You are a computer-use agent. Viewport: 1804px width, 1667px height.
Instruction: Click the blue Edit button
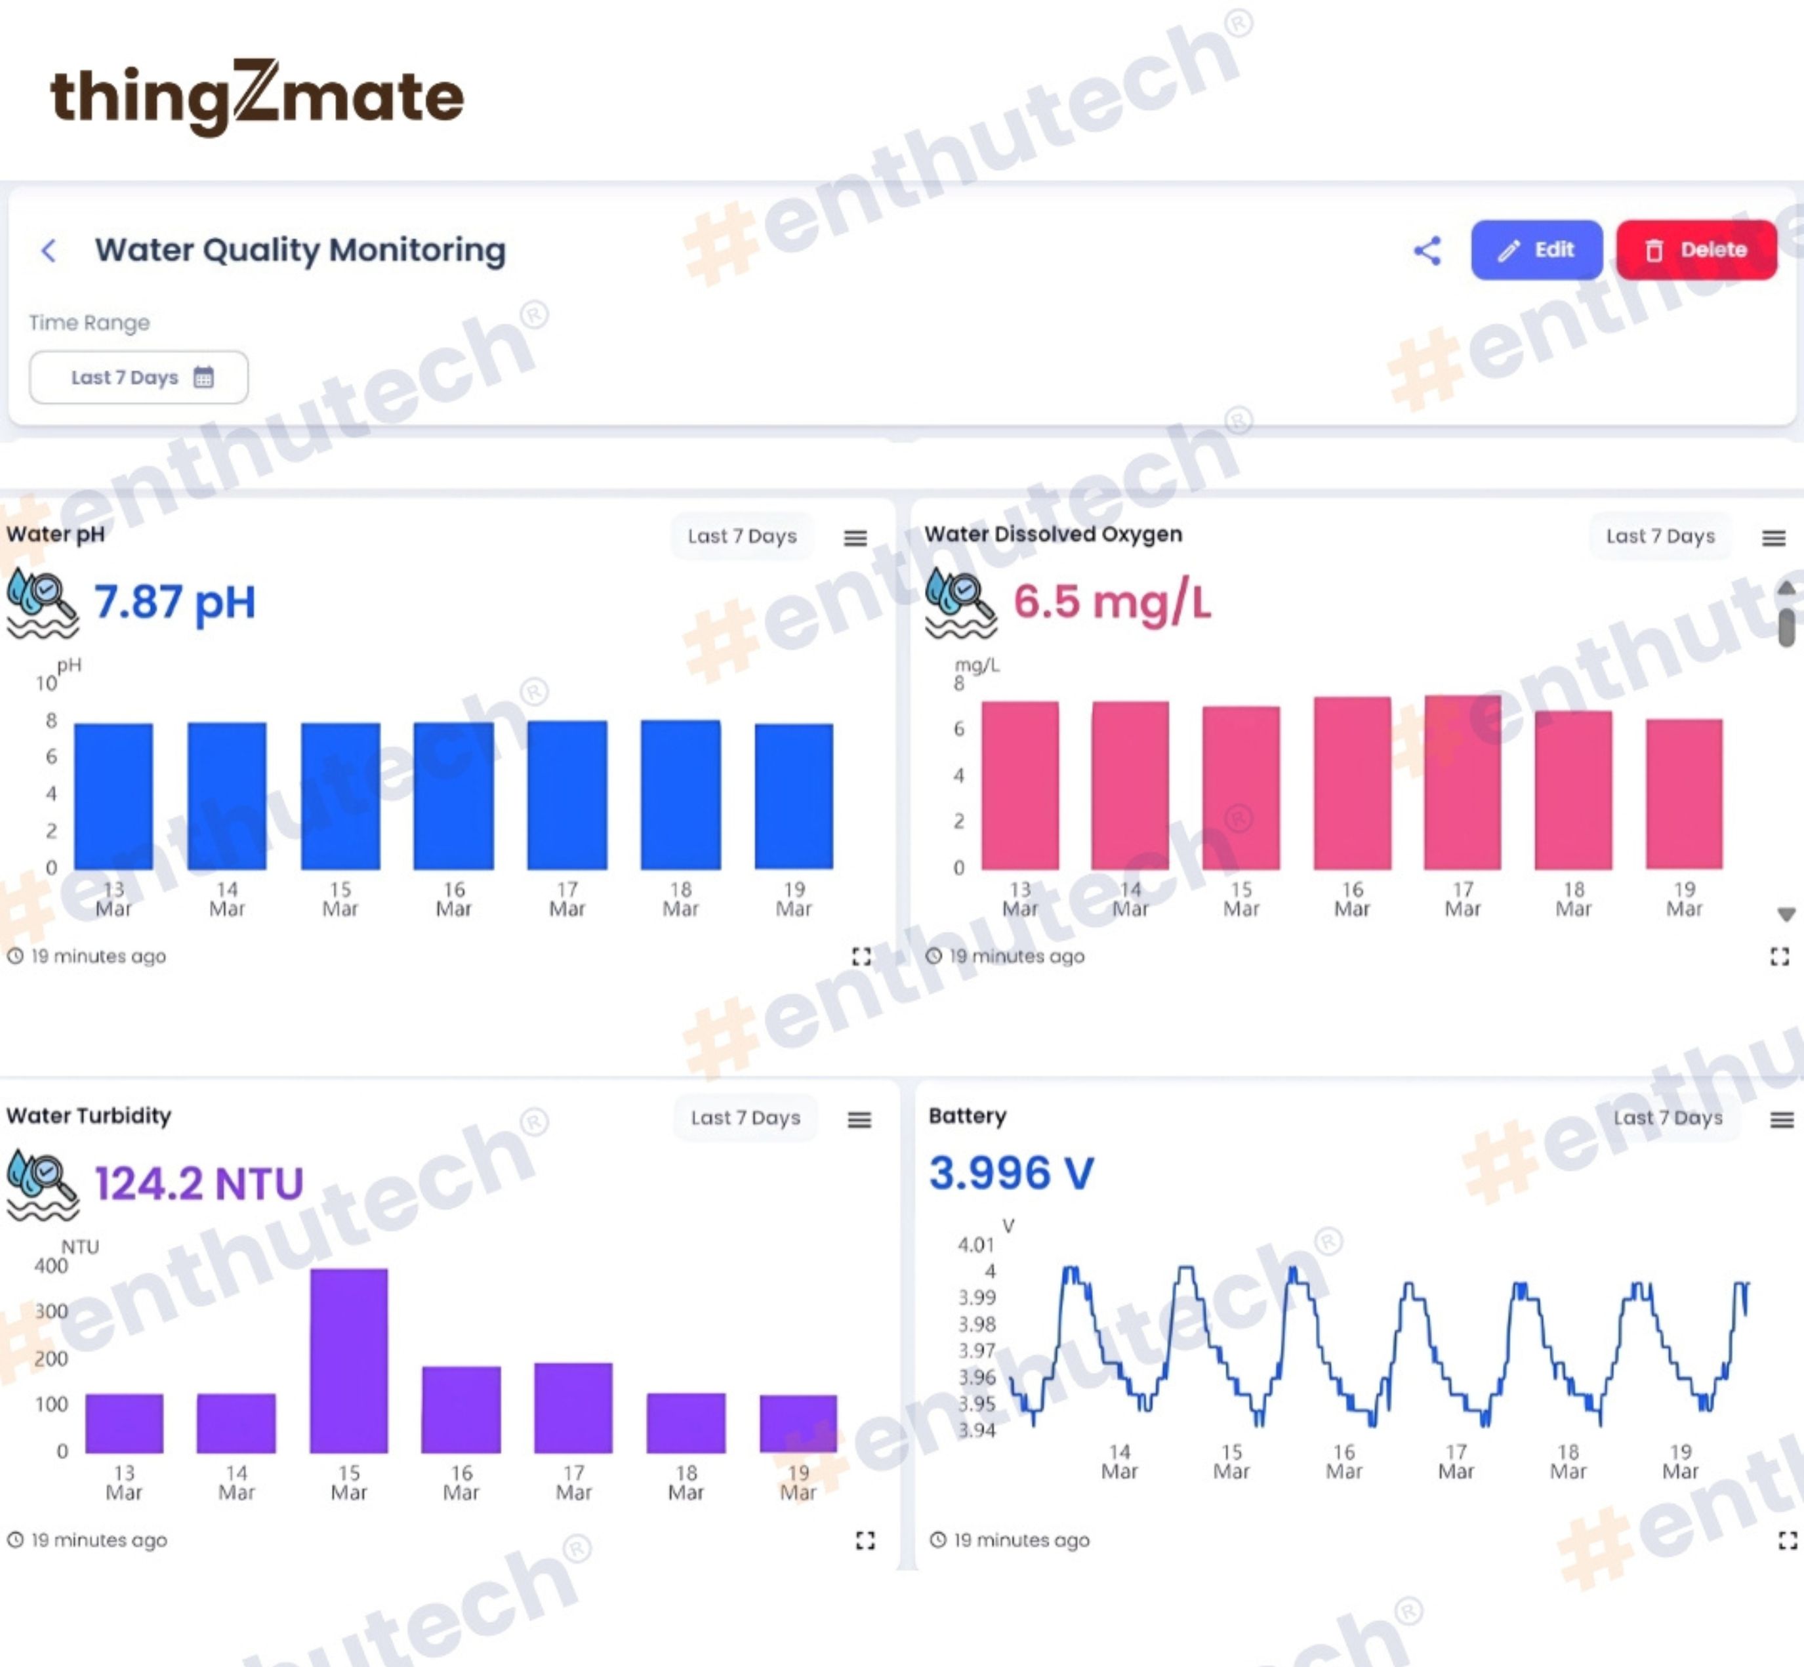[1536, 250]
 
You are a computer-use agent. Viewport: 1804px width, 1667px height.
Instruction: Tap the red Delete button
[1696, 250]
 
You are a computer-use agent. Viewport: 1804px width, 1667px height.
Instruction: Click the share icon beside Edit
[1427, 250]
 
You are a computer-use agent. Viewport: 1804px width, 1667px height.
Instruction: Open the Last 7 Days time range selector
[139, 377]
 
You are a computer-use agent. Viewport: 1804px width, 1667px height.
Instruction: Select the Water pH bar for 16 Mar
[454, 796]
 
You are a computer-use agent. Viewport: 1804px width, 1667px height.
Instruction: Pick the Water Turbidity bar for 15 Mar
[349, 1361]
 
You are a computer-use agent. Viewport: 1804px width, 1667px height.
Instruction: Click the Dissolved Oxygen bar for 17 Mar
[1462, 782]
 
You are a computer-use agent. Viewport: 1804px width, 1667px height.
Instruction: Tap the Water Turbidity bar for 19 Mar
[798, 1424]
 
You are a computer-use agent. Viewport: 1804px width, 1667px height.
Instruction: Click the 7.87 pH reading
[175, 602]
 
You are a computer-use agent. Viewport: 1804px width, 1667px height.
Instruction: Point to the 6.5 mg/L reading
[1112, 602]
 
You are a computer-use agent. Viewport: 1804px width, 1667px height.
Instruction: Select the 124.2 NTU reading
[199, 1183]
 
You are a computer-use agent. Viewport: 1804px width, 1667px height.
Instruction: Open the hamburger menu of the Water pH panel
[855, 538]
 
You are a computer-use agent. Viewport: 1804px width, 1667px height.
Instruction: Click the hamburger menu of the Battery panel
[1782, 1119]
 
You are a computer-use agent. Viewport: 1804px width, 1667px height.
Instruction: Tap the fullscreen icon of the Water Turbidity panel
[865, 1540]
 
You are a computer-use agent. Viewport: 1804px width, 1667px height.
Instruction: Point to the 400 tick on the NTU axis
[51, 1266]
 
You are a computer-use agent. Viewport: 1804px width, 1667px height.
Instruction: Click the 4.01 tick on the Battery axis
[976, 1245]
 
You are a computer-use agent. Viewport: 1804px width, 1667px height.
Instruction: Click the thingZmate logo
[257, 97]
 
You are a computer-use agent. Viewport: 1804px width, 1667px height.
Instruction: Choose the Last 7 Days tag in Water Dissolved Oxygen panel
[1660, 536]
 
